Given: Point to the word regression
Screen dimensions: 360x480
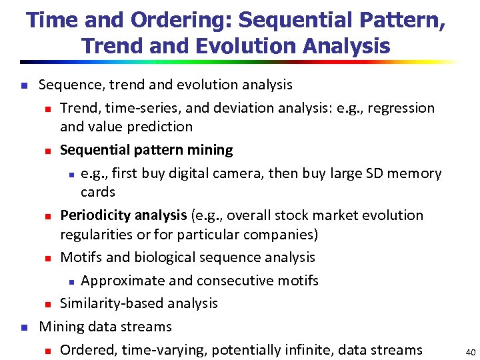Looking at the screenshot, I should [x=401, y=108].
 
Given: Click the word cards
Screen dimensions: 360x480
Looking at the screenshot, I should [x=98, y=192].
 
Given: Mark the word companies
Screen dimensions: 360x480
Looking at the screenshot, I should [x=281, y=234].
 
